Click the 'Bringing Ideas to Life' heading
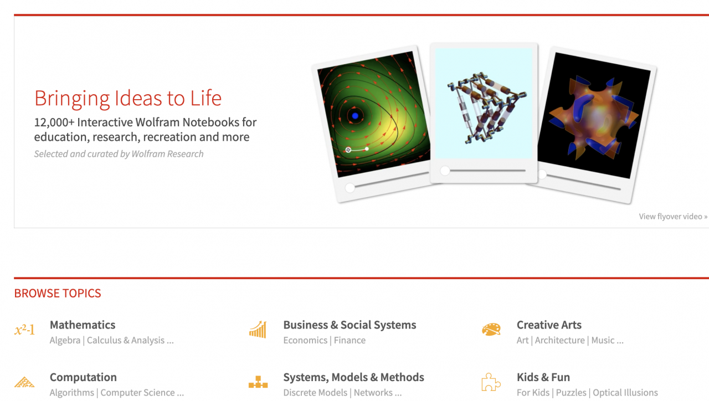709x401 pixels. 128,98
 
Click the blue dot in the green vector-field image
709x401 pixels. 355,116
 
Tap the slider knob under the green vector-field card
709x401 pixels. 350,188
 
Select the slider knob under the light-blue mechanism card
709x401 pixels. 445,171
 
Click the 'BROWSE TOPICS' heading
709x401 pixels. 58,293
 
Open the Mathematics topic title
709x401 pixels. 83,325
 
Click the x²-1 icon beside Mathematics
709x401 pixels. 24,331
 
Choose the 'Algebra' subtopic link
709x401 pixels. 65,341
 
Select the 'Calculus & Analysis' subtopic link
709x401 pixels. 130,341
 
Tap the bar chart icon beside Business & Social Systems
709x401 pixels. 258,329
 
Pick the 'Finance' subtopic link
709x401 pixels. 350,341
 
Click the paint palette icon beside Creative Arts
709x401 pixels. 491,330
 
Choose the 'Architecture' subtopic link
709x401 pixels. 559,341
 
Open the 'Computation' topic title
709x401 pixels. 83,377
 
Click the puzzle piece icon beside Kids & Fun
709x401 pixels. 491,382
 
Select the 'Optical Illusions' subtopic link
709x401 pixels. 625,393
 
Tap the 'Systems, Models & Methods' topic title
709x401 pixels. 353,377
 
